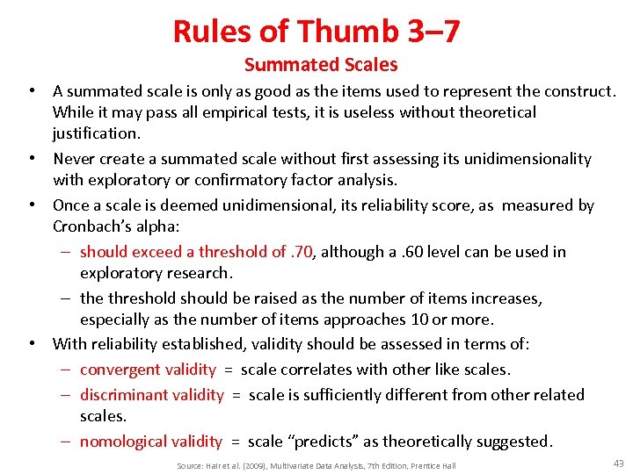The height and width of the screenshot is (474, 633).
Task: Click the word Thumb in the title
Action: click(x=327, y=32)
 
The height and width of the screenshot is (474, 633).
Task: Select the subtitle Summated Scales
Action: click(x=321, y=65)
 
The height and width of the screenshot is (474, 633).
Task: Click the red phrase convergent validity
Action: click(x=148, y=370)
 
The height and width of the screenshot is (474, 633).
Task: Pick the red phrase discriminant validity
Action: click(x=152, y=395)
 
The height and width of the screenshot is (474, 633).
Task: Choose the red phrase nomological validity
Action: click(x=151, y=442)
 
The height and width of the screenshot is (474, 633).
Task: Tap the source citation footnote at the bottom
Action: click(x=316, y=464)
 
